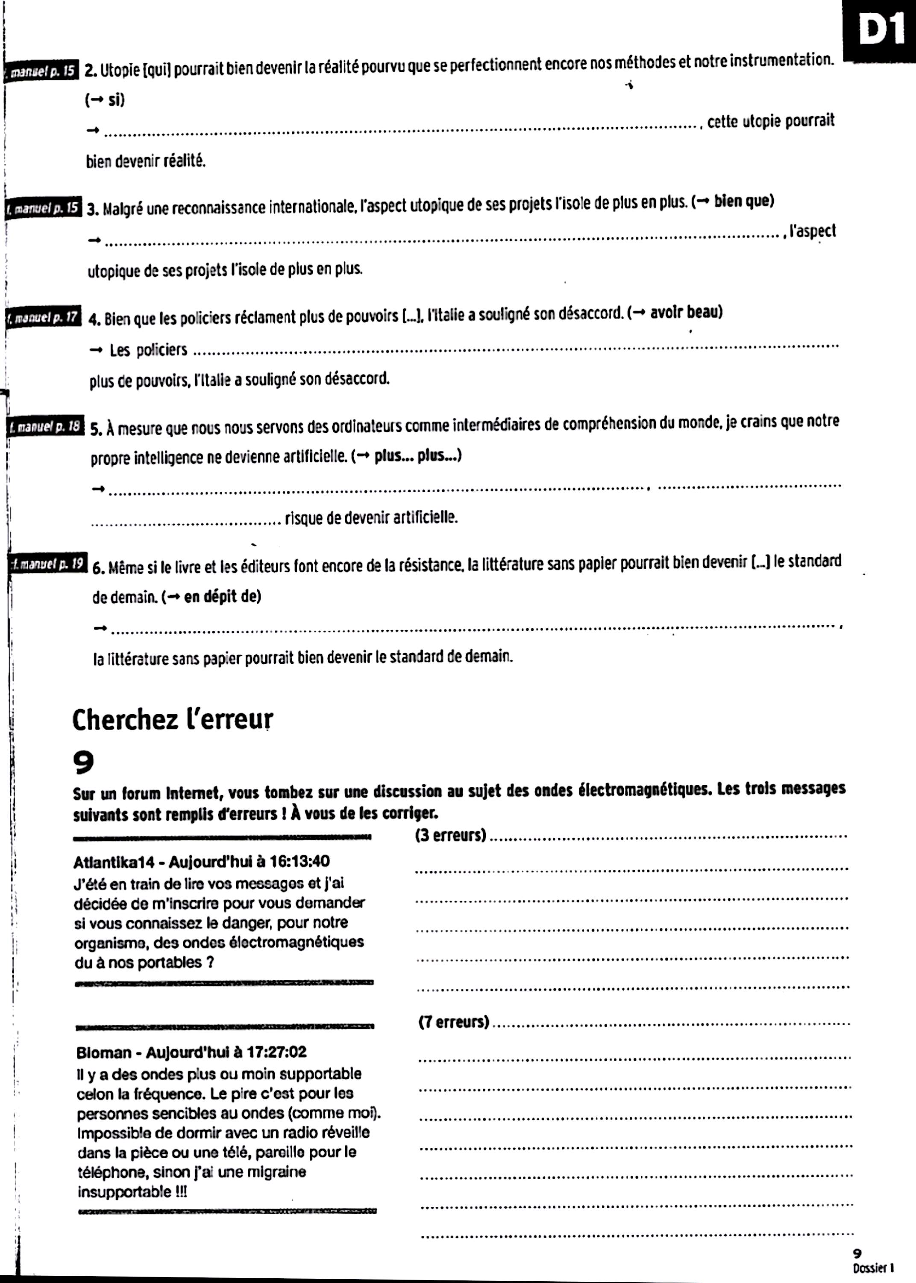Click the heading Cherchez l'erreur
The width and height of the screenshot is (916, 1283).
click(173, 720)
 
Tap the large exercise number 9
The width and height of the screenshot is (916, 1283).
click(83, 763)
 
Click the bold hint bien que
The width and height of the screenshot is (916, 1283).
click(743, 201)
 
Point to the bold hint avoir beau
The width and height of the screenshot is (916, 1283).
click(685, 312)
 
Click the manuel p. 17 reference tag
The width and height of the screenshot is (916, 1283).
click(44, 317)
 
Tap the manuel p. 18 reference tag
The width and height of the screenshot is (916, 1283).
click(46, 427)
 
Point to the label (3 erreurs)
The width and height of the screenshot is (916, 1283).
click(450, 835)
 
